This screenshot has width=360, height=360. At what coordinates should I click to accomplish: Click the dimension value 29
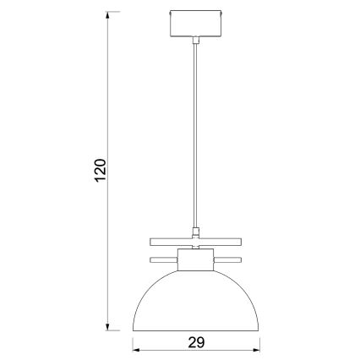pyautogui.click(x=196, y=342)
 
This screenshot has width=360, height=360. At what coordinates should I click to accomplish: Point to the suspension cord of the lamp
pyautogui.click(x=196, y=135)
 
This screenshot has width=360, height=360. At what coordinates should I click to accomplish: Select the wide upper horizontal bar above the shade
pyautogui.click(x=196, y=239)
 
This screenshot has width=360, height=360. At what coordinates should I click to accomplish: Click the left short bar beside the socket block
pyautogui.click(x=164, y=257)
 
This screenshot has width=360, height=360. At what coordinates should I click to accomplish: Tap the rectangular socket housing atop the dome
pyautogui.click(x=196, y=262)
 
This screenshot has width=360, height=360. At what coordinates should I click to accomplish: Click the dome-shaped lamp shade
pyautogui.click(x=196, y=304)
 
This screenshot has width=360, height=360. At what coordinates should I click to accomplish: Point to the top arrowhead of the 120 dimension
pyautogui.click(x=108, y=18)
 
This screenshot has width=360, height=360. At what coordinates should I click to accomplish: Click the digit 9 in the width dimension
pyautogui.click(x=201, y=342)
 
